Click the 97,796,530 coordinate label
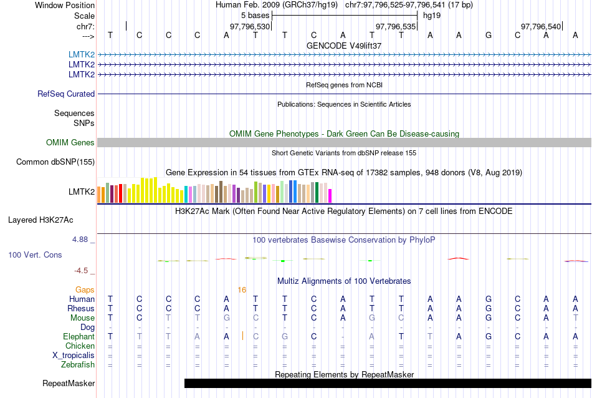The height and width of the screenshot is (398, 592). pyautogui.click(x=250, y=27)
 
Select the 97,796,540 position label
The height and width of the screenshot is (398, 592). pyautogui.click(x=541, y=27)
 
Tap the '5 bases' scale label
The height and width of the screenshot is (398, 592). pyautogui.click(x=255, y=15)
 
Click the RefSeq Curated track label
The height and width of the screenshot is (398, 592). pyautogui.click(x=66, y=94)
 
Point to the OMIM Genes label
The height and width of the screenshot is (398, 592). pyautogui.click(x=70, y=143)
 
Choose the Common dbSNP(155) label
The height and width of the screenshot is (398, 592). pyautogui.click(x=55, y=162)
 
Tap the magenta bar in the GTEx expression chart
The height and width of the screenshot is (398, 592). pyautogui.click(x=330, y=195)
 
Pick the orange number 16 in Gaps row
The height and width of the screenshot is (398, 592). pyautogui.click(x=242, y=290)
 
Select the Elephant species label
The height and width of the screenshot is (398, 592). pyautogui.click(x=78, y=337)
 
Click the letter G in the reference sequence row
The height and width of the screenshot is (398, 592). pyautogui.click(x=489, y=35)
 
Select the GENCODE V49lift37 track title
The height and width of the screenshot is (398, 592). pyautogui.click(x=344, y=46)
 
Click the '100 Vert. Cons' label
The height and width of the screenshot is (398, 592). pyautogui.click(x=36, y=255)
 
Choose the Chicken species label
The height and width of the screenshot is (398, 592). pyautogui.click(x=80, y=346)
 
